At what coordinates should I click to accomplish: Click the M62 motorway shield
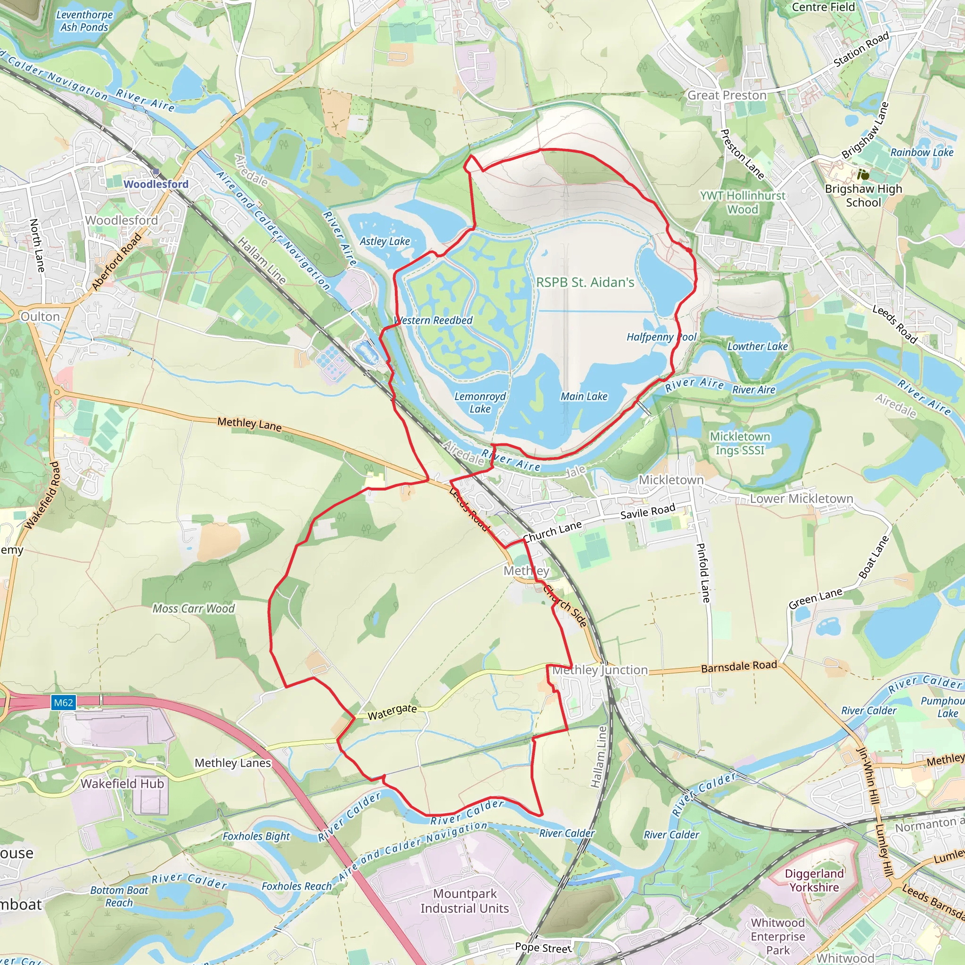coord(64,703)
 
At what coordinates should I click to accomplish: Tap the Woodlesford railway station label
coord(156,184)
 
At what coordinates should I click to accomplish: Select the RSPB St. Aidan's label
coord(585,282)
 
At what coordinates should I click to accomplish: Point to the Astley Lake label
coord(384,241)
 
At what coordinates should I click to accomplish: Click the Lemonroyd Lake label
coord(480,402)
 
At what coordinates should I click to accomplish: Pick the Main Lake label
coord(584,397)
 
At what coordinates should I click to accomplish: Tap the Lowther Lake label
coord(757,346)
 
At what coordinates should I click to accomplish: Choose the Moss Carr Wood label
coord(193,608)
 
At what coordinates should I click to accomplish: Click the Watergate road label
coord(392,712)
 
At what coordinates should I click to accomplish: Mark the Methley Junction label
coord(600,670)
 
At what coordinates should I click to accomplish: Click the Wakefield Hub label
coord(123,783)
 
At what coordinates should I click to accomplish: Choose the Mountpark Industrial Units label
coord(465,900)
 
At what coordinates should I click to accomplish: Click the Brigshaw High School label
coord(864,195)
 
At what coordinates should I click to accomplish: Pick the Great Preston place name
coord(727,95)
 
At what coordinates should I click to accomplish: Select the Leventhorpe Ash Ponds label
coord(84,21)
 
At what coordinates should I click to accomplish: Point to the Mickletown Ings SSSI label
coord(740,443)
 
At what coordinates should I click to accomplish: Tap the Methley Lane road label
coord(249,424)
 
